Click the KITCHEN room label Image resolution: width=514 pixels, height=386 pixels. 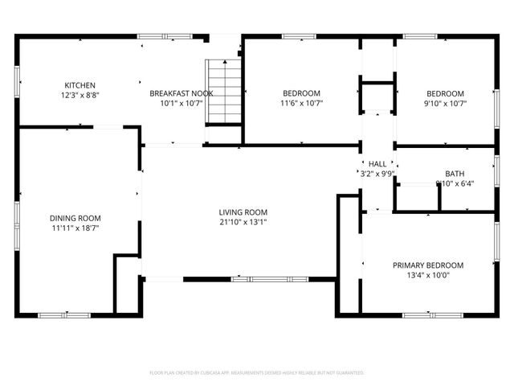click(80, 85)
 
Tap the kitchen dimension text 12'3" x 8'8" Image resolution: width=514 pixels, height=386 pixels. click(80, 95)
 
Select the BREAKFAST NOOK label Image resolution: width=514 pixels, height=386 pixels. click(181, 93)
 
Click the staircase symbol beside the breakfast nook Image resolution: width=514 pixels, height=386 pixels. click(225, 90)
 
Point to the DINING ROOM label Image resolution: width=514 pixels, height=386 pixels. click(75, 218)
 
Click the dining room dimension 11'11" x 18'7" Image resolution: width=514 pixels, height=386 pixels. click(75, 228)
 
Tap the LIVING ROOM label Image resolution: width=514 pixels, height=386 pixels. click(243, 212)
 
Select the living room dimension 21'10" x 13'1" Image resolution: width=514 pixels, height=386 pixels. click(243, 222)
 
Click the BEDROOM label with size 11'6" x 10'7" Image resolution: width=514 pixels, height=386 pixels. click(300, 93)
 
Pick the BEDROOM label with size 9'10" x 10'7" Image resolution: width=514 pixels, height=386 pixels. click(445, 93)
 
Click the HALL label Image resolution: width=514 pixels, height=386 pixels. click(377, 163)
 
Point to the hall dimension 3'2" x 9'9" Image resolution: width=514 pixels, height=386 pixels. click(377, 173)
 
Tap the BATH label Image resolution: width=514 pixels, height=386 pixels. click(455, 174)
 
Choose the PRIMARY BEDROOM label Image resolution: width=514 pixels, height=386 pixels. click(427, 265)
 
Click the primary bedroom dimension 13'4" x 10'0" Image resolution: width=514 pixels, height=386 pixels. click(427, 275)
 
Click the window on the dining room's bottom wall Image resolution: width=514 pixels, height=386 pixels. click(59, 314)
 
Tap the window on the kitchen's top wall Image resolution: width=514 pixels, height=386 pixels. click(153, 35)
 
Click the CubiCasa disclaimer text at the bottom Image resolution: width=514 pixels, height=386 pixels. click(257, 373)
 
